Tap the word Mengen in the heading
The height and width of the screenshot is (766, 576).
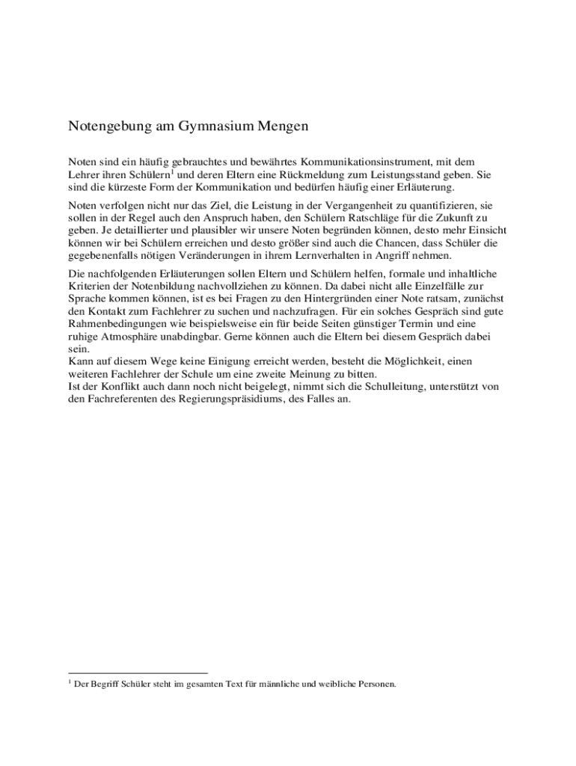283,126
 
